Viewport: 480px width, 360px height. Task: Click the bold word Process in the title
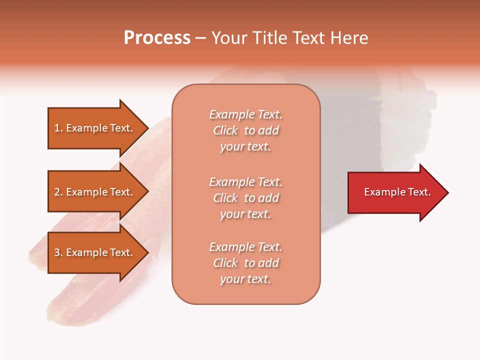pos(157,38)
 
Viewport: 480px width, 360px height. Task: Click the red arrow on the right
pos(395,192)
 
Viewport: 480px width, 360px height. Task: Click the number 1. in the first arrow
pos(58,128)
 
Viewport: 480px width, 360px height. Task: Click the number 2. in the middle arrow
pos(58,192)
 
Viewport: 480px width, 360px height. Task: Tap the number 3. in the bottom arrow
pos(58,252)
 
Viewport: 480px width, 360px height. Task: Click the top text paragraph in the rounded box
pos(245,130)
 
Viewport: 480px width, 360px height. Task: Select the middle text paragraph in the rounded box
pos(245,198)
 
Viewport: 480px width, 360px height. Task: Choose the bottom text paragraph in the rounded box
pos(245,263)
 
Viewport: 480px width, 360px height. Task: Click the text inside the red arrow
pos(397,192)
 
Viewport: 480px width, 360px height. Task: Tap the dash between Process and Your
pos(200,38)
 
